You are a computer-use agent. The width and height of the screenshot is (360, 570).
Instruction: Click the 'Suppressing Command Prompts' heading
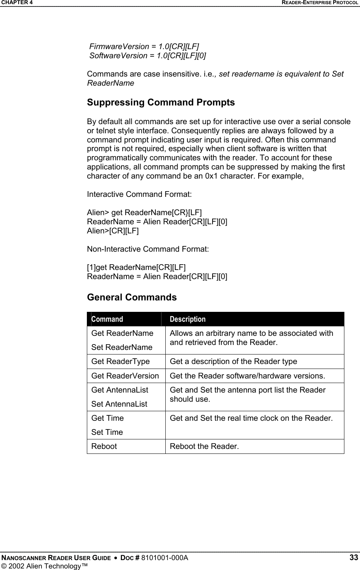pyautogui.click(x=161, y=103)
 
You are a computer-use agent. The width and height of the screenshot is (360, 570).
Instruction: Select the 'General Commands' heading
pyautogui.click(x=132, y=297)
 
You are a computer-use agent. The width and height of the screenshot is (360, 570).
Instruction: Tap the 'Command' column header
pyautogui.click(x=107, y=319)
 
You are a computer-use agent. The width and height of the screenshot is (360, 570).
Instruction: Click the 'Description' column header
pyautogui.click(x=187, y=319)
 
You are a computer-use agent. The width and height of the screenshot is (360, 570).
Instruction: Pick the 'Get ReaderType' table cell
pyautogui.click(x=121, y=361)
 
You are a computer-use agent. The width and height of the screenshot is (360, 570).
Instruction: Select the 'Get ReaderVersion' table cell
pyautogui.click(x=125, y=376)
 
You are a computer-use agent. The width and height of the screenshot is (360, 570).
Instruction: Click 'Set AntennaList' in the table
pyautogui.click(x=119, y=404)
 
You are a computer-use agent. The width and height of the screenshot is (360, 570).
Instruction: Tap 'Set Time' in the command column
pyautogui.click(x=107, y=432)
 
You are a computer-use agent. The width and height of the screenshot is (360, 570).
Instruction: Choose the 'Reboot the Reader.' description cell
pyautogui.click(x=205, y=446)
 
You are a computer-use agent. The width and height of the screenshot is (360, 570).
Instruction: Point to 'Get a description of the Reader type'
pyautogui.click(x=233, y=361)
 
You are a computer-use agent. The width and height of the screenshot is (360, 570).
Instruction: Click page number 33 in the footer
pyautogui.click(x=354, y=558)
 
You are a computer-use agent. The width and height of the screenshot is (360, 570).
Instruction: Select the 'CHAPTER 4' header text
pyautogui.click(x=16, y=3)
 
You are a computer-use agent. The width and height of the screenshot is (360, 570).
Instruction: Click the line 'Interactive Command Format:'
pyautogui.click(x=139, y=195)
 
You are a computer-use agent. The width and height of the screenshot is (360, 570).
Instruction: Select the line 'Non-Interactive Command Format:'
pyautogui.click(x=148, y=249)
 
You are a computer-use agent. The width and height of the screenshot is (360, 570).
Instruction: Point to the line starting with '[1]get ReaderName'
pyautogui.click(x=136, y=268)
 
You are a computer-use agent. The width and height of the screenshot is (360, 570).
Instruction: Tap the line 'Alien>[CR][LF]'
pyautogui.click(x=113, y=231)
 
